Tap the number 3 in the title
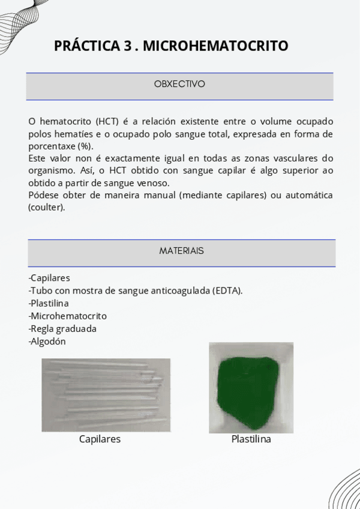[127, 46]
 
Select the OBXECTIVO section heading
[179, 84]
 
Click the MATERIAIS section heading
[181, 251]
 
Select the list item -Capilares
[49, 278]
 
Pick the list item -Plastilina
[49, 303]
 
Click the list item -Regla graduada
[62, 329]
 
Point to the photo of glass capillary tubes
[106, 394]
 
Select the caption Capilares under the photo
[100, 439]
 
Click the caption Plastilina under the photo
[251, 439]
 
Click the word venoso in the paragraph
[155, 183]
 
